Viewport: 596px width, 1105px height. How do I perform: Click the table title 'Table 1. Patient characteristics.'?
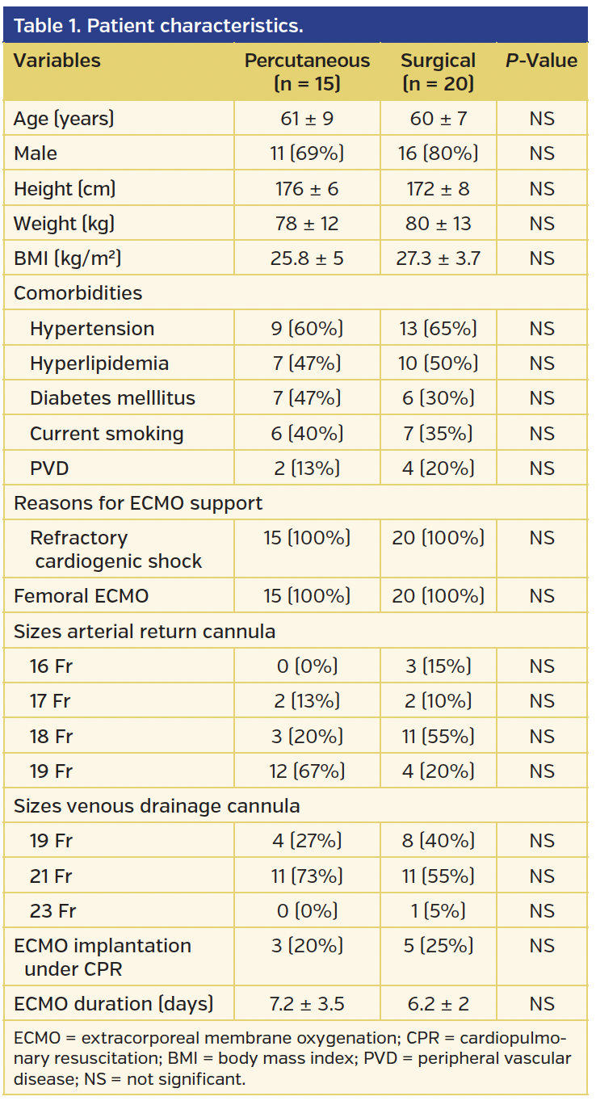[x=158, y=26]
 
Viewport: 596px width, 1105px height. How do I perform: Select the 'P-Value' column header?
[x=541, y=61]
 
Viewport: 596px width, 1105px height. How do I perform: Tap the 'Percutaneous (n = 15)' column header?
[x=307, y=72]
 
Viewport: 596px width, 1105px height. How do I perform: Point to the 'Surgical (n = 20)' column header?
[x=438, y=72]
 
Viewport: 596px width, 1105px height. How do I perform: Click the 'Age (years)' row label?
[x=64, y=119]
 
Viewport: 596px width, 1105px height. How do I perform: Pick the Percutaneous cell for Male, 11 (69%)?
[x=307, y=153]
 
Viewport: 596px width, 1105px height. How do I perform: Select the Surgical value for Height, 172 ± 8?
[x=438, y=189]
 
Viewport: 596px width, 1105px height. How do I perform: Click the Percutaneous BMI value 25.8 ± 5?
[x=307, y=258]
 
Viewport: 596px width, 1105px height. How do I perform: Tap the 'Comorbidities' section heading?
[x=78, y=293]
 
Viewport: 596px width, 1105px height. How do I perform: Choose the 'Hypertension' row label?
[x=92, y=329]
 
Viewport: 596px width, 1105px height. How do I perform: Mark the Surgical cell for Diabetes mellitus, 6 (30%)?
[x=438, y=398]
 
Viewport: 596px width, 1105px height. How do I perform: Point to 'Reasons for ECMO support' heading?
[x=137, y=503]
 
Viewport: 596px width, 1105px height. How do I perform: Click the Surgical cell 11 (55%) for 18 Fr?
[x=438, y=737]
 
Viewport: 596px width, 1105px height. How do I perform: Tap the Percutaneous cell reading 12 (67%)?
[x=307, y=771]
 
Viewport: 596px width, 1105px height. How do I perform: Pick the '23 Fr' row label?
[x=52, y=911]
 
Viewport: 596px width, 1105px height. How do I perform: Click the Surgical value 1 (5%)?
[x=438, y=911]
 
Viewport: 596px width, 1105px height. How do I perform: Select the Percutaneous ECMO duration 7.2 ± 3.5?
[x=307, y=1004]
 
